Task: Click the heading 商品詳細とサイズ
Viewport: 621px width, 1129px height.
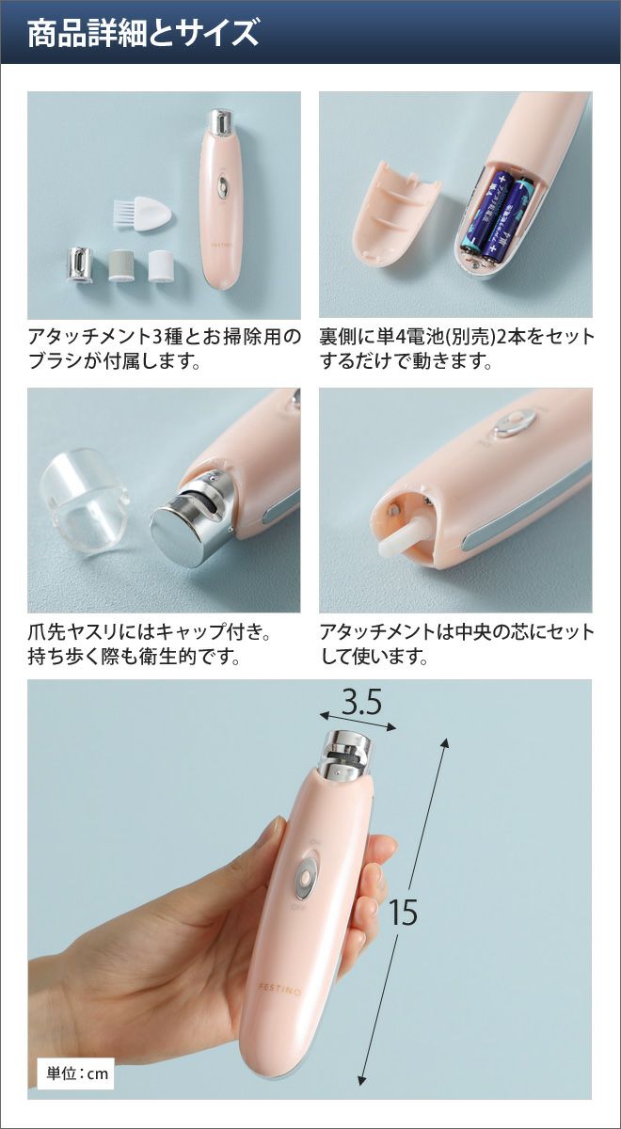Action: (143, 33)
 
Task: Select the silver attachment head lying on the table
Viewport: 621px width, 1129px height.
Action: (81, 262)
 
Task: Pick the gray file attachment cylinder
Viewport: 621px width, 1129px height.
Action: (121, 265)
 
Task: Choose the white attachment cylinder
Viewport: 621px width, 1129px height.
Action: (161, 265)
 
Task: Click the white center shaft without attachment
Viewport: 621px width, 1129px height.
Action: (404, 534)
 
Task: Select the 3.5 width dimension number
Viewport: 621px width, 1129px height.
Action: (361, 703)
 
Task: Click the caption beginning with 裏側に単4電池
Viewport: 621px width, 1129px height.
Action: (456, 348)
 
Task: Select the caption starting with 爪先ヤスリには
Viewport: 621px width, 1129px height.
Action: (150, 644)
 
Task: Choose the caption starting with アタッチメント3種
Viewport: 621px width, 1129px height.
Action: (165, 348)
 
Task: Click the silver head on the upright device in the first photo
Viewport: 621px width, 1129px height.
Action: (220, 123)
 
